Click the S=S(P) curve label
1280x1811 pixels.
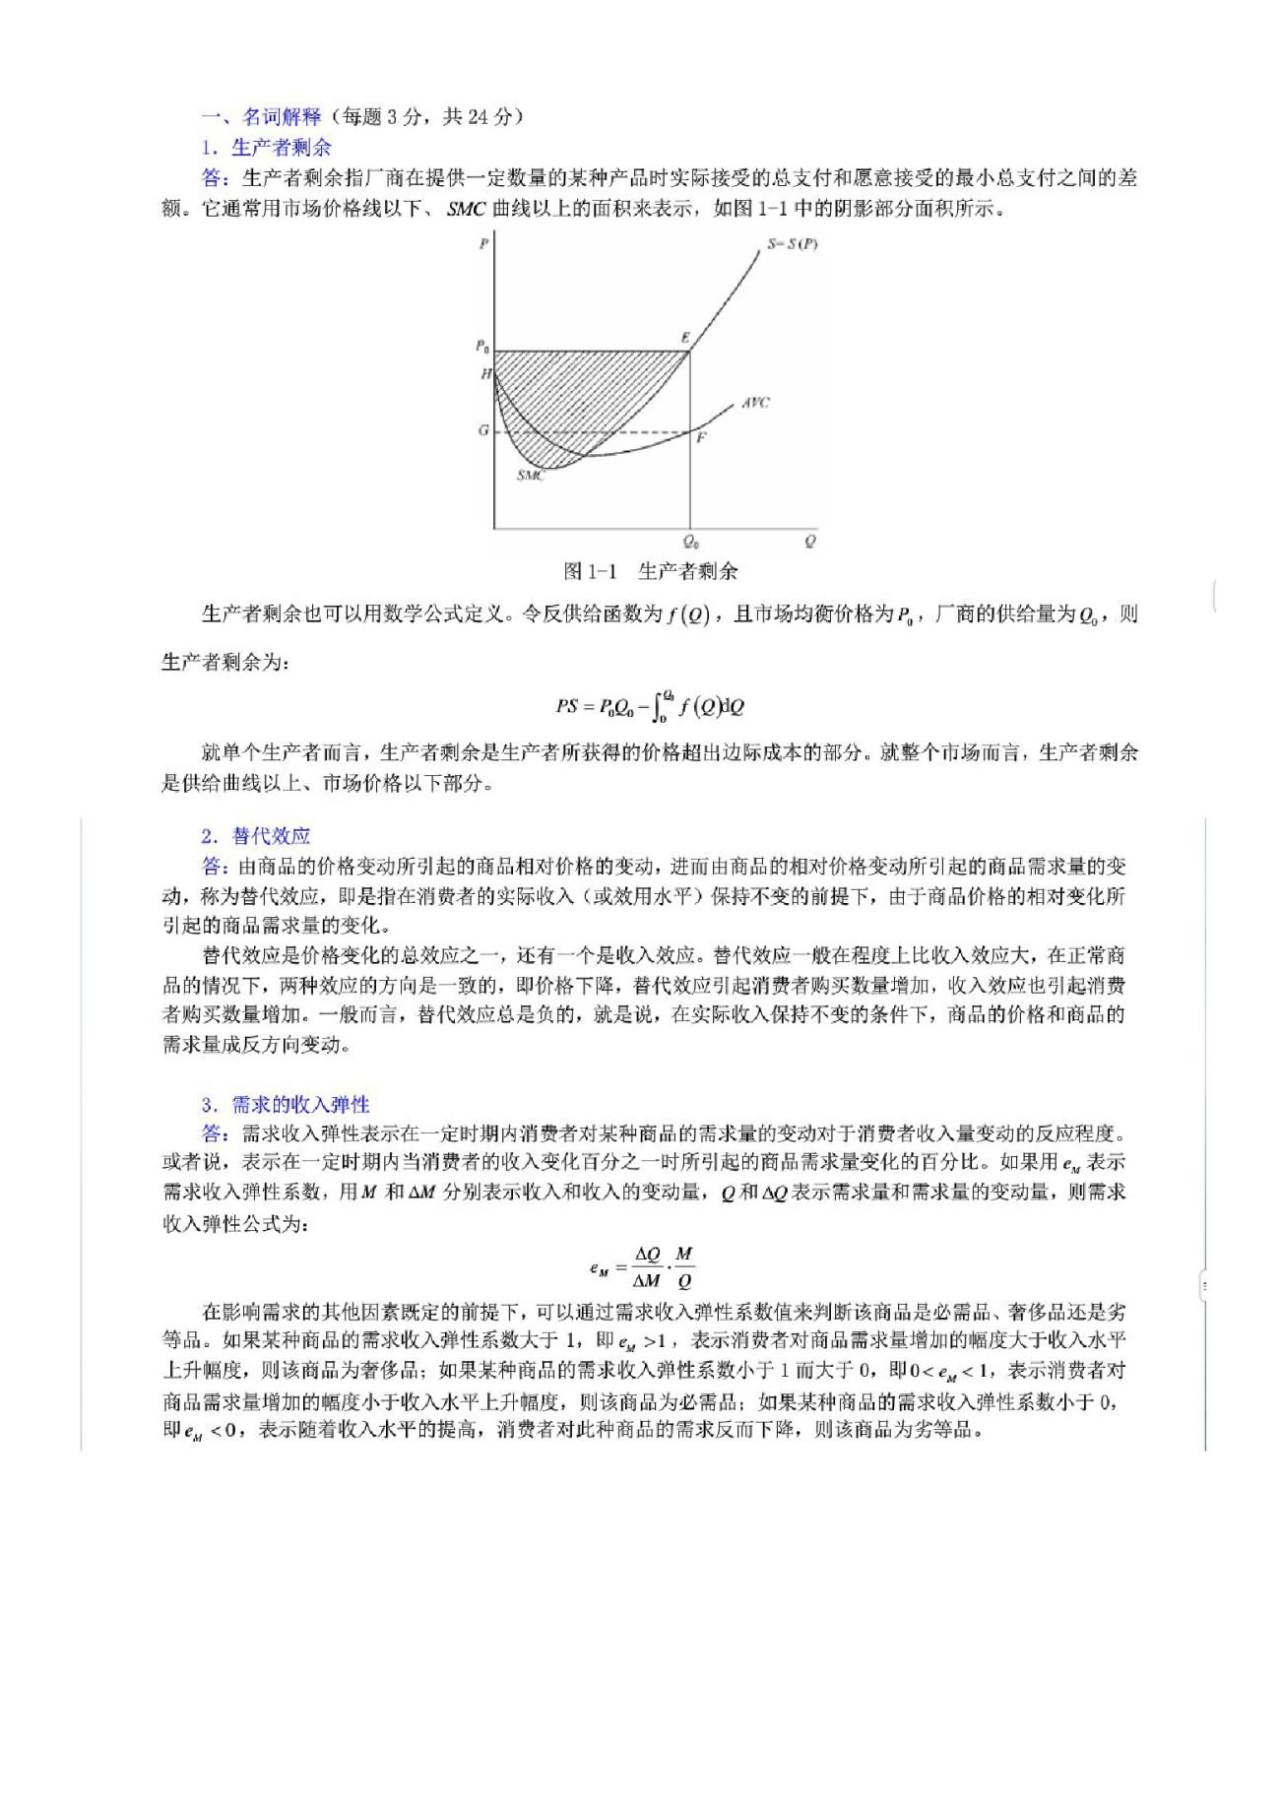792,243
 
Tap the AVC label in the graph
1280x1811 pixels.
755,402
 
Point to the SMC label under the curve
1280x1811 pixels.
531,476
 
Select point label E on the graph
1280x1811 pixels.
685,338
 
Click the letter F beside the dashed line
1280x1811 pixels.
701,437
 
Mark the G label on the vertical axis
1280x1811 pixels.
483,430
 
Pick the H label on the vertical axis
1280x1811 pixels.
485,374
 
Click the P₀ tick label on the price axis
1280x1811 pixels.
482,347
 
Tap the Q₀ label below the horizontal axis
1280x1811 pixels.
691,542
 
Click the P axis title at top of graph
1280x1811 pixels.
483,243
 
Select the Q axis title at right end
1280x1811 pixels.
809,542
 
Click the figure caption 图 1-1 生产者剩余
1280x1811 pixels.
651,571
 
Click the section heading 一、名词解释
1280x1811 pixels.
262,117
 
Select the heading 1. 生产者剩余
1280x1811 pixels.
267,148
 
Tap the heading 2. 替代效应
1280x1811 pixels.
256,836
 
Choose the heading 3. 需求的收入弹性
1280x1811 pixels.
286,1105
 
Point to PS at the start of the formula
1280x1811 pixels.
566,706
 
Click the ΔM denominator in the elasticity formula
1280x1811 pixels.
646,1281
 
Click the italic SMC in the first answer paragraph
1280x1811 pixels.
466,209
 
